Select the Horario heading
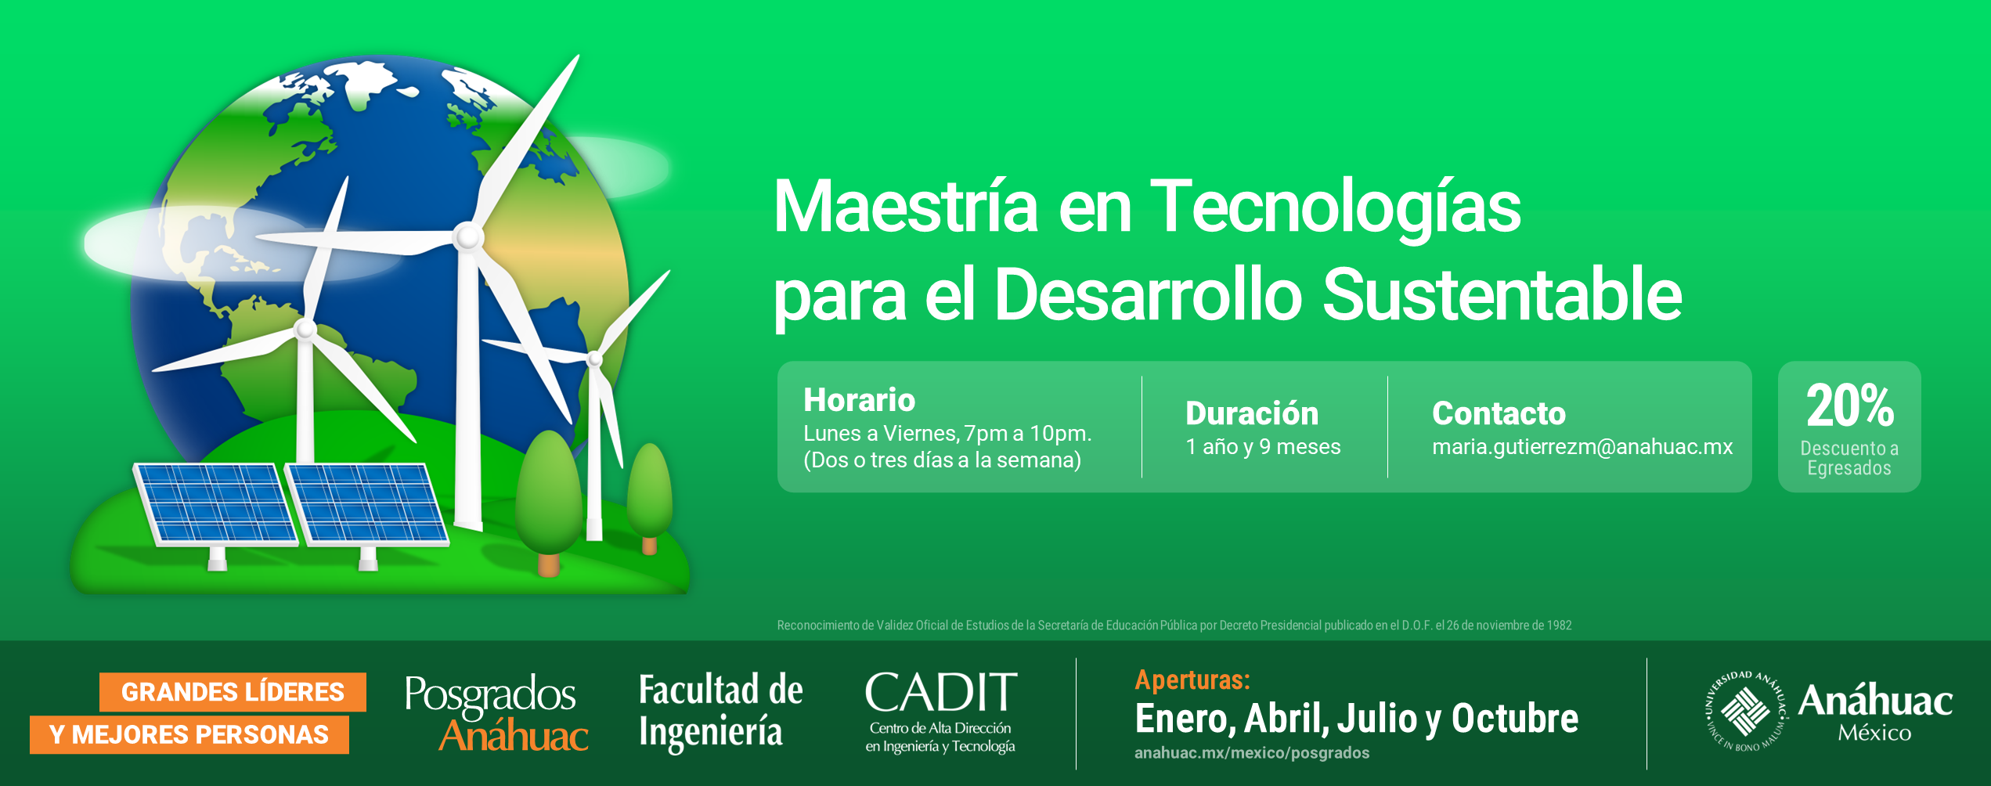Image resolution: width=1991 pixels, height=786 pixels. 859,400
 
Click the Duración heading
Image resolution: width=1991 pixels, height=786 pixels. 1252,413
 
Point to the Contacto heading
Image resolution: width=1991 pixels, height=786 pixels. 1499,413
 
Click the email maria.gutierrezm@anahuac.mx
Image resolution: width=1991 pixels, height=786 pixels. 1582,447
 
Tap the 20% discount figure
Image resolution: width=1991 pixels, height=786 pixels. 1850,406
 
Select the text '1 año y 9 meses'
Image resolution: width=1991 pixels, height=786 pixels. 1263,447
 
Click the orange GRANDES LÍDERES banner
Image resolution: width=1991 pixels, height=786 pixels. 233,692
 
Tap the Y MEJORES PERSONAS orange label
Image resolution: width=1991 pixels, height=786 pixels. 189,735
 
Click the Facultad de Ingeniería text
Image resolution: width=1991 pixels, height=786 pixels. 720,711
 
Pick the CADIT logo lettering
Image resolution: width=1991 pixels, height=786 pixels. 941,694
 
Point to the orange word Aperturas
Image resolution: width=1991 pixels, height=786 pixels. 1192,680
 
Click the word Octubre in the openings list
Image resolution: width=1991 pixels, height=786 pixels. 1515,719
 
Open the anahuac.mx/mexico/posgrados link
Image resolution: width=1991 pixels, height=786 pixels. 1252,753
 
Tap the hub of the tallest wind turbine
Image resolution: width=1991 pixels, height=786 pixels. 468,236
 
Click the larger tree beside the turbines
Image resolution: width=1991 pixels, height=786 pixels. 548,493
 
